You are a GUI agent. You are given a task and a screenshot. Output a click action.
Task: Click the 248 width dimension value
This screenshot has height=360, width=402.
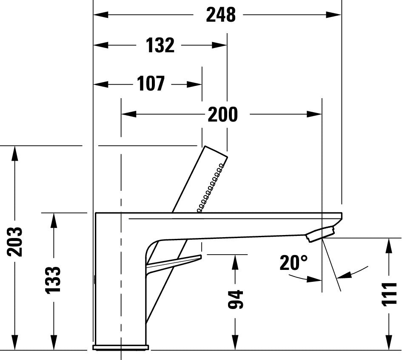(220, 15)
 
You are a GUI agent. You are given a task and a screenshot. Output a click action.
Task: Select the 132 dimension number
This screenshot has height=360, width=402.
(160, 45)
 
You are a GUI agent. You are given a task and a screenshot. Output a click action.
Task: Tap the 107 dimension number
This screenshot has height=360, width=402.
(151, 84)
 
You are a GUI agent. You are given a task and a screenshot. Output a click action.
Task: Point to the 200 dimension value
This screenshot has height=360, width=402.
(222, 114)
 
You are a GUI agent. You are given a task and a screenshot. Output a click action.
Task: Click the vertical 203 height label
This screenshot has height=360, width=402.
(15, 241)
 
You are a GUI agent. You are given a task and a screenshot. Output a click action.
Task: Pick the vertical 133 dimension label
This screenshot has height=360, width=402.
(54, 279)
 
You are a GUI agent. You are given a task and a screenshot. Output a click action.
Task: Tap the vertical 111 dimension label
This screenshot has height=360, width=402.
(389, 294)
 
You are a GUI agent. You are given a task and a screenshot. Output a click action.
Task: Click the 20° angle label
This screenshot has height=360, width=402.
(293, 263)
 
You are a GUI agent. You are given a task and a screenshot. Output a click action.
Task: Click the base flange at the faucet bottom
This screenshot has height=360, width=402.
(120, 348)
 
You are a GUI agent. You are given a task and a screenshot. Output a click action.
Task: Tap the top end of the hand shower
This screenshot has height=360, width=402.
(216, 152)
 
